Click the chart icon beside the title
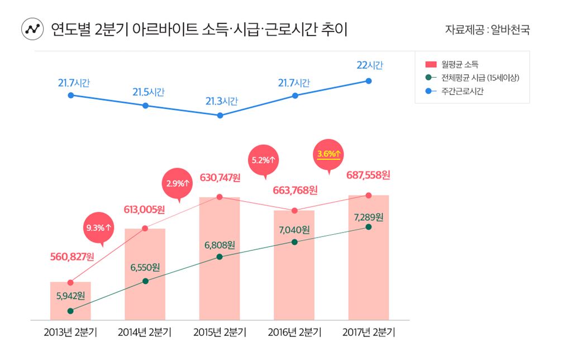point(32,29)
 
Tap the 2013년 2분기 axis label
point(70,333)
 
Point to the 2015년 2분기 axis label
point(220,333)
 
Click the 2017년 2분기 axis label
point(369,333)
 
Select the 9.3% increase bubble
point(99,228)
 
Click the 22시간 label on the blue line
point(369,65)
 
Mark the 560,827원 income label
point(72,257)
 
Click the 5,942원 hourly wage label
point(70,295)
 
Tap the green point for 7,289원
point(369,227)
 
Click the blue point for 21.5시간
point(145,105)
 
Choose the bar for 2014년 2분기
point(145,274)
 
